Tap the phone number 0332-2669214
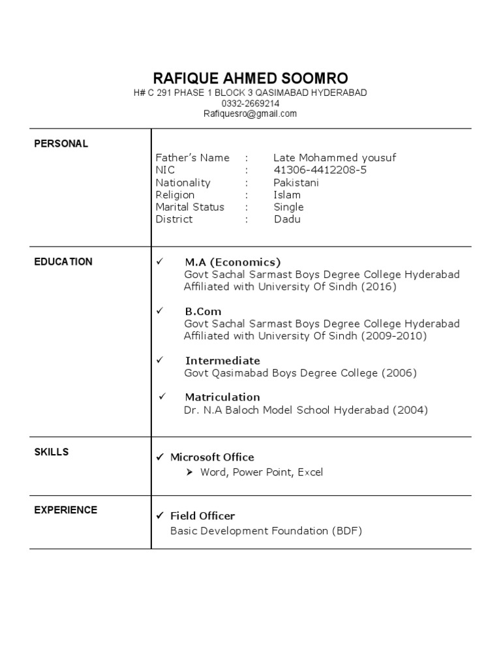(250, 103)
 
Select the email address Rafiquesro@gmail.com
(250, 114)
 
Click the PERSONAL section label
(61, 144)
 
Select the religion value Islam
(287, 195)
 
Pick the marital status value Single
(288, 207)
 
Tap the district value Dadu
(287, 219)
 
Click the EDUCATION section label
(63, 262)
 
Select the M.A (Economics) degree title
(232, 262)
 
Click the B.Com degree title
(203, 311)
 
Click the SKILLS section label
(52, 452)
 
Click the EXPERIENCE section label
(66, 510)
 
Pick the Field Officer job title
(202, 515)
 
